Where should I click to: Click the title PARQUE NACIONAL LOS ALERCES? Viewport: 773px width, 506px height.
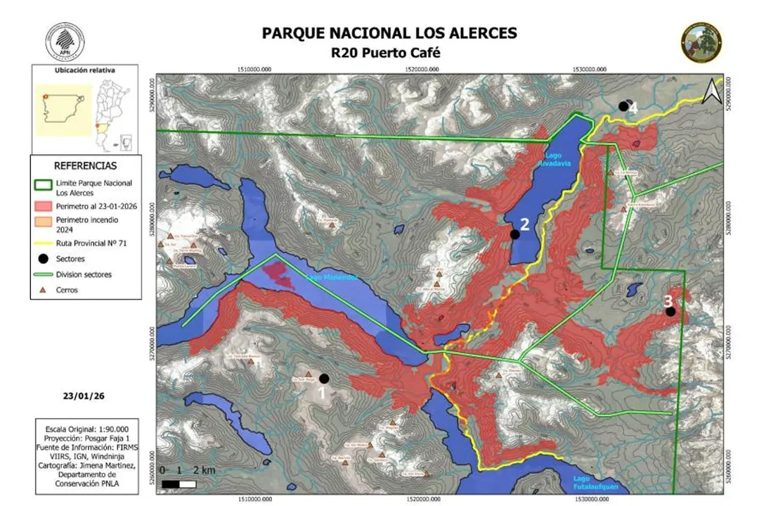click(x=389, y=33)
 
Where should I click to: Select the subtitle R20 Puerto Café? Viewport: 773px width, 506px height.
click(x=389, y=52)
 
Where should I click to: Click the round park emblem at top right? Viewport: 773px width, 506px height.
click(x=701, y=42)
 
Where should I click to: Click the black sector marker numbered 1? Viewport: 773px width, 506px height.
click(x=324, y=379)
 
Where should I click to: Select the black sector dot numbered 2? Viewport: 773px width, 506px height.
click(x=515, y=234)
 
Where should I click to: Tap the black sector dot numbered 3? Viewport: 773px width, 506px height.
click(x=670, y=311)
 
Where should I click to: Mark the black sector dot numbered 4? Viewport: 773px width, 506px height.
click(x=623, y=106)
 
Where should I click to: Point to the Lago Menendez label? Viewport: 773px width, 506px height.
click(x=332, y=278)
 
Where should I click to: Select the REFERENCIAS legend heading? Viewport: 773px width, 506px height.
click(x=85, y=165)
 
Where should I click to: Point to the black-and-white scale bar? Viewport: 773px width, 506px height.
click(x=179, y=484)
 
